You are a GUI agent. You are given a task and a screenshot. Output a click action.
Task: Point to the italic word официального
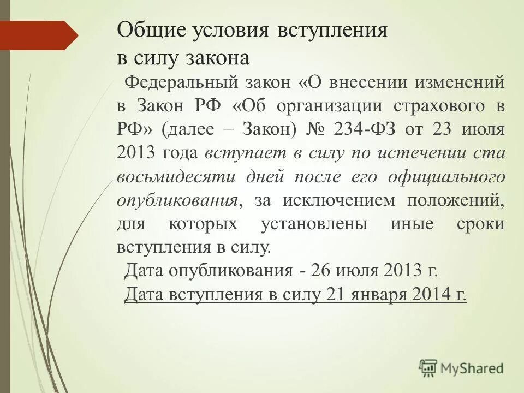click(445, 176)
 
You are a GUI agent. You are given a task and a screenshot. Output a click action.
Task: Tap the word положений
click(455, 200)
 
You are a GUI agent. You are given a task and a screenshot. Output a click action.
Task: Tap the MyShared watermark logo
click(461, 368)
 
